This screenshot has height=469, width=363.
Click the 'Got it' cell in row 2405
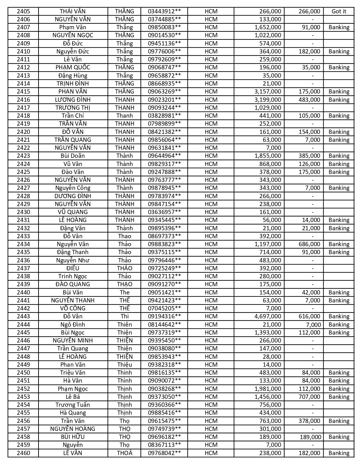pos(339,11)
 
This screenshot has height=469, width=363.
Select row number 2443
pos(23,316)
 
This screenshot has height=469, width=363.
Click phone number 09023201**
pos(164,100)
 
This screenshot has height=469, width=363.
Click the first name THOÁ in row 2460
pos(124,453)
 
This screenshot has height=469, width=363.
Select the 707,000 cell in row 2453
pos(309,397)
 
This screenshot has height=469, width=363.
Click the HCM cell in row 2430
pos(211,212)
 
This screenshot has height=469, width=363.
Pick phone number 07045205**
pos(164,308)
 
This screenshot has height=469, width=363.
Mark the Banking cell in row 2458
pos(339,437)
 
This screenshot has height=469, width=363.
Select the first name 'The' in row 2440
pos(124,292)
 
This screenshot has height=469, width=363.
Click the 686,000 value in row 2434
pos(309,244)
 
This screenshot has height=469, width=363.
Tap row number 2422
pos(23,148)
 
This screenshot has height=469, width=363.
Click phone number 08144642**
pos(164,325)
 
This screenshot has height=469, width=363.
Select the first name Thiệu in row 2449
pos(124,365)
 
